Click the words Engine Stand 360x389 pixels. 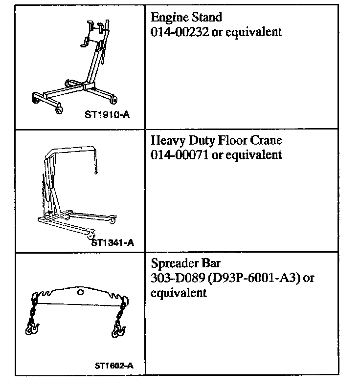click(186, 18)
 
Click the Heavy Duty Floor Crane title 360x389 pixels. click(217, 141)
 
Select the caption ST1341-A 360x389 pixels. click(113, 241)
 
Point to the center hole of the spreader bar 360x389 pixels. click(81, 292)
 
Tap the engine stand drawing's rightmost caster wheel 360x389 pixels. click(114, 100)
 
